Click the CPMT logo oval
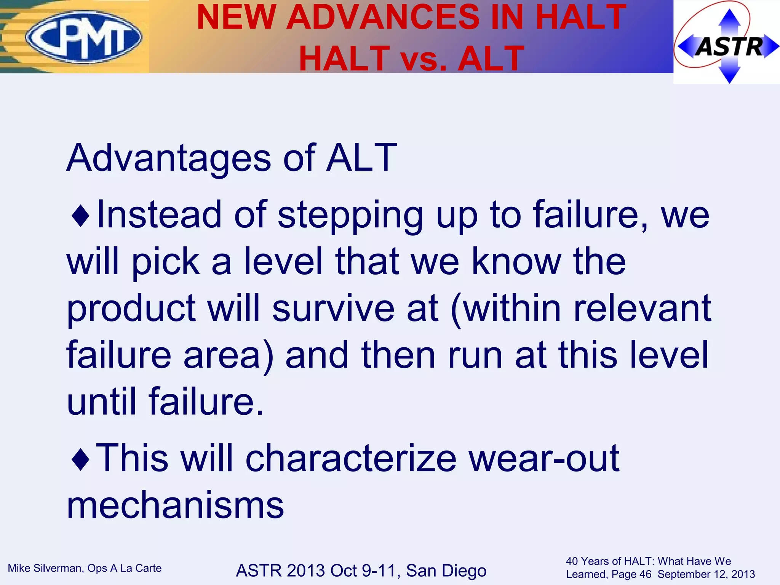coord(84,37)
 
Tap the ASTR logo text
coord(729,46)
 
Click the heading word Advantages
coord(168,158)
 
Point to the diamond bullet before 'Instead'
coord(80,216)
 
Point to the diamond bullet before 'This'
coord(80,459)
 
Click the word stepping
coord(350,216)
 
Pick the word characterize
coord(351,458)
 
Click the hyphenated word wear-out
coord(544,458)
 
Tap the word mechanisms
coord(175,505)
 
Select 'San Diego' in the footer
coord(446,571)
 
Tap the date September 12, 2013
coord(706,574)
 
